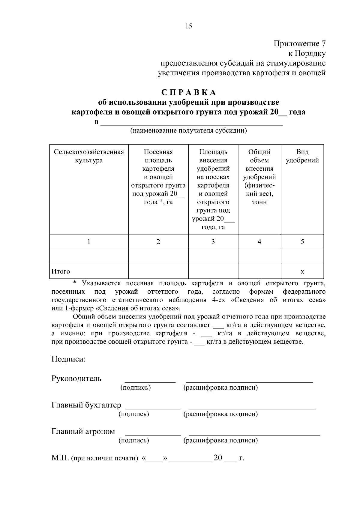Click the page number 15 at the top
coord(189,26)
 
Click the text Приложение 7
coord(299,44)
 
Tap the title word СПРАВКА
coord(189,92)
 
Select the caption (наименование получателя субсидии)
coord(188,131)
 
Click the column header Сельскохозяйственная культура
coord(89,156)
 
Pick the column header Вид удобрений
coord(302,156)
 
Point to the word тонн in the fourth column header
coord(259,202)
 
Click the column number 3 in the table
coord(213,241)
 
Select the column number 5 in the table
coord(302,241)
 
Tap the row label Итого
coord(61,271)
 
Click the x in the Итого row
coord(302,272)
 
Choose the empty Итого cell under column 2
coord(158,271)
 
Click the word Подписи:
coord(69,359)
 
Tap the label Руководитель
coord(76,379)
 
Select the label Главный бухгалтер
coord(86,405)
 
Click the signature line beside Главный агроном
coord(153,434)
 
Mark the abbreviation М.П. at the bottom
coord(60,458)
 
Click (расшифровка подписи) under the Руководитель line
coord(220,388)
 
